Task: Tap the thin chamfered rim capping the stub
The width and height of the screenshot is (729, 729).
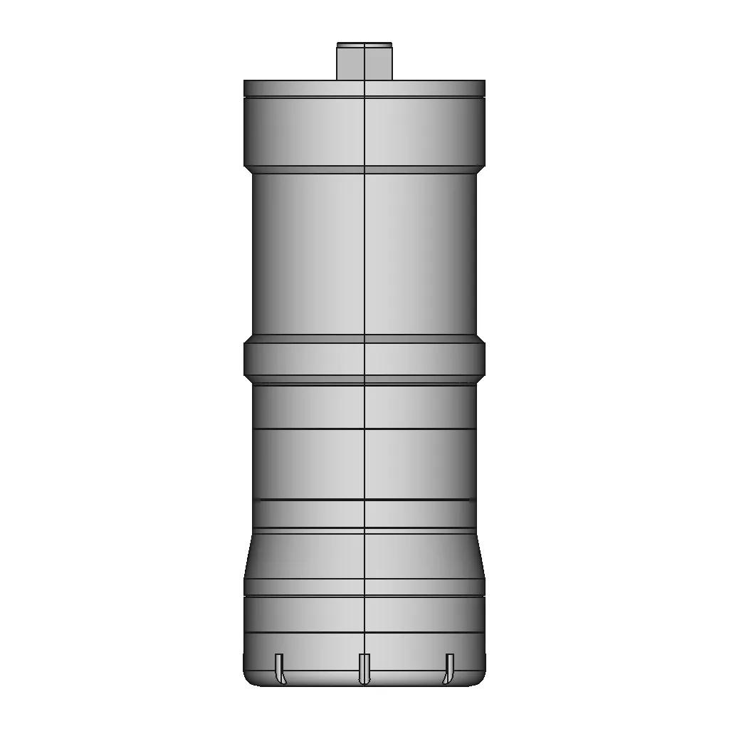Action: (x=364, y=44)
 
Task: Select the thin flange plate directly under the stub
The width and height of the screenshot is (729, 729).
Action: (x=364, y=88)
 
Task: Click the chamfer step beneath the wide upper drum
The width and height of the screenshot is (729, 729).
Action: (x=364, y=169)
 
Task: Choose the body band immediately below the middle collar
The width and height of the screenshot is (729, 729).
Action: (x=364, y=406)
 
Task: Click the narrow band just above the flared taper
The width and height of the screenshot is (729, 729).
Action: (x=364, y=515)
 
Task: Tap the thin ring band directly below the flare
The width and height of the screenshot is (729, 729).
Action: (x=364, y=587)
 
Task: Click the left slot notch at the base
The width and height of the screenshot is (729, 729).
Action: (x=279, y=668)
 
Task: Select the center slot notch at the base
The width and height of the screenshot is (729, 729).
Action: (x=364, y=668)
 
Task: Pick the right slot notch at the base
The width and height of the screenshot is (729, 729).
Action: (x=449, y=668)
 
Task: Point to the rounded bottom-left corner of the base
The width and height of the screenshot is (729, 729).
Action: (x=249, y=680)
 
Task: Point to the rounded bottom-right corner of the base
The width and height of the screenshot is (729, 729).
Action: (x=480, y=680)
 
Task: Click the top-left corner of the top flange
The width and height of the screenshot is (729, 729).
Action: (x=246, y=82)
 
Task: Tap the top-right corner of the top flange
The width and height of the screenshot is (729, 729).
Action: (x=483, y=82)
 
